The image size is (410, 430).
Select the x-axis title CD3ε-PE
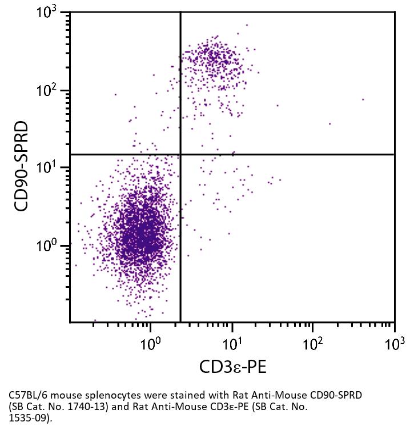[x=232, y=367]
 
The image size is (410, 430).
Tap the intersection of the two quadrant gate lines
[x=180, y=154]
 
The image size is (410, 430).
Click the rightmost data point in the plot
[x=363, y=99]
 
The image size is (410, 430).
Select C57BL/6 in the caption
[x=25, y=395]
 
